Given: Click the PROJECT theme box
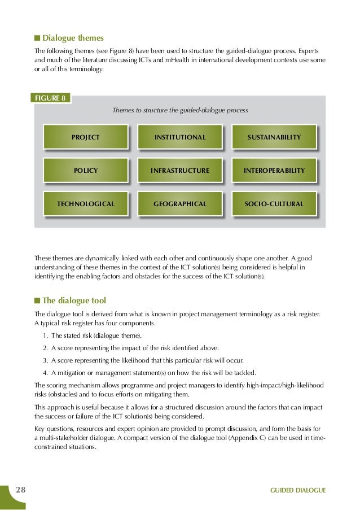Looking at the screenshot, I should point(85,137).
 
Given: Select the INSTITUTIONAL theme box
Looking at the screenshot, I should point(180,137).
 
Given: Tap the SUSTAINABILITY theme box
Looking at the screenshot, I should point(274,137).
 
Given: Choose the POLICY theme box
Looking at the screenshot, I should point(85,170).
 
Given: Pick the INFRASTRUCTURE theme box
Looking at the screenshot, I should point(180,170).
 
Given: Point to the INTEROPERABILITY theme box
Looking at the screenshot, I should point(274,170).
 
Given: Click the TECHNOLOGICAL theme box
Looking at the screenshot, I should point(85,203).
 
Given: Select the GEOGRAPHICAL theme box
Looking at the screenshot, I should point(180,203).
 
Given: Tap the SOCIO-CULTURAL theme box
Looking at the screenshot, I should point(274,203).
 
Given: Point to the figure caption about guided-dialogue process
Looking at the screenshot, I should point(180,109).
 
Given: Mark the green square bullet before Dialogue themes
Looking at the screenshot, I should point(37,38).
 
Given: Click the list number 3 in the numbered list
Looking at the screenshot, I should point(45,360).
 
